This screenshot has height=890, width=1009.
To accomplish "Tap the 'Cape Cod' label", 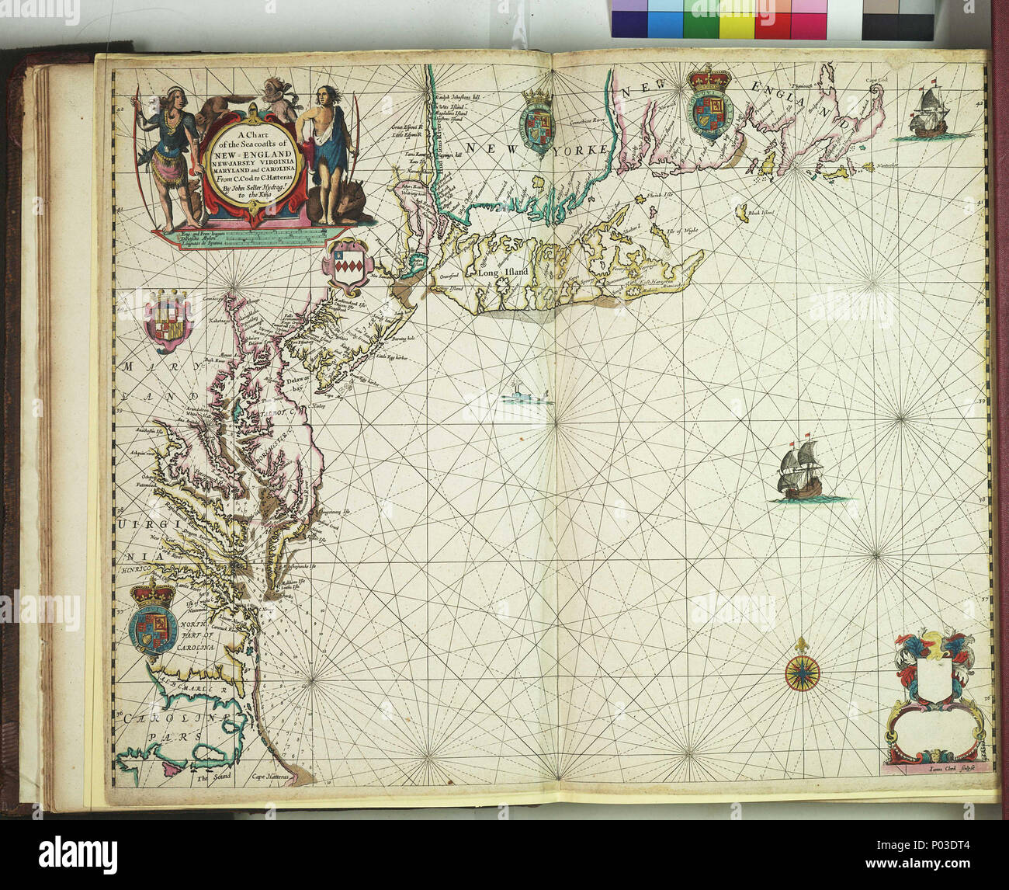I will pos(879,80).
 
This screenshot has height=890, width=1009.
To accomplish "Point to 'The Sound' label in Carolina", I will pos(209,777).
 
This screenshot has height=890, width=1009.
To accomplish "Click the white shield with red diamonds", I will pos(343,266).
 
